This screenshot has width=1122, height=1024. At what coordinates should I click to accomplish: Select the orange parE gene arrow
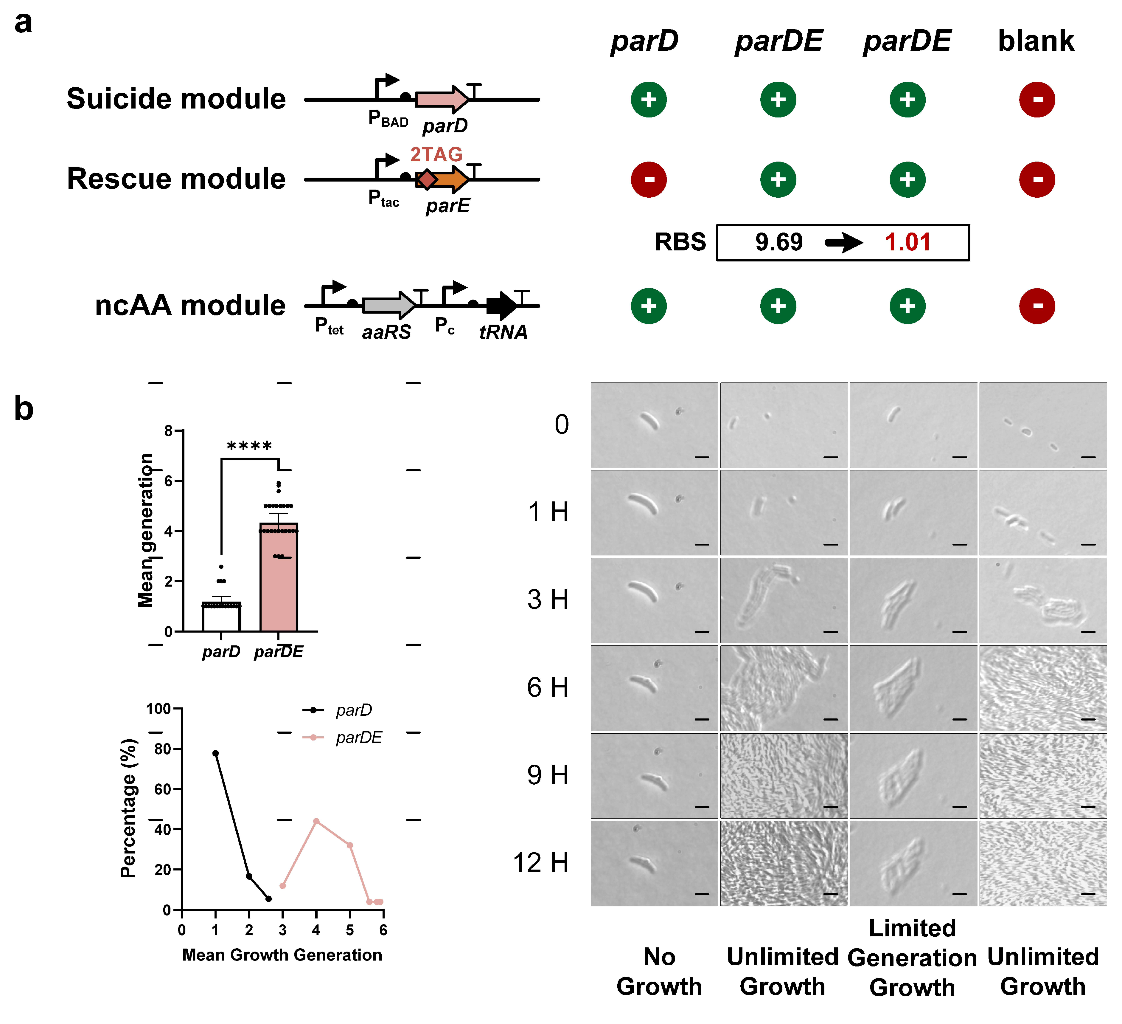451,179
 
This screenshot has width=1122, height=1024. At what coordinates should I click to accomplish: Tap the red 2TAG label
436,154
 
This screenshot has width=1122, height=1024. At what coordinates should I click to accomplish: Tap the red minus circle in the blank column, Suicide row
1037,100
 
